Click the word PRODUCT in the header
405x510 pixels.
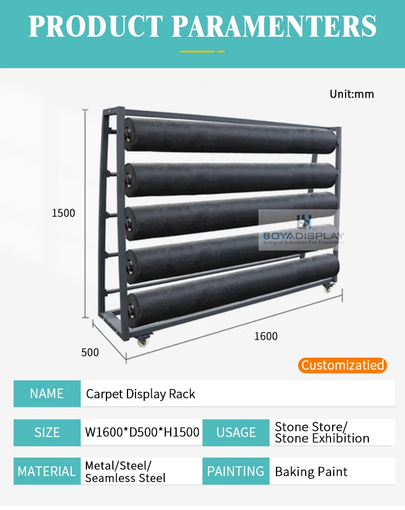(95, 25)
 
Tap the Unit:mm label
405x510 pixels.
(352, 94)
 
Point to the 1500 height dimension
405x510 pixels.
(63, 213)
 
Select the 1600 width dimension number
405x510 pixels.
(266, 336)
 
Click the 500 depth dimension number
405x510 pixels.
(90, 352)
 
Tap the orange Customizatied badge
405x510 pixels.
(342, 365)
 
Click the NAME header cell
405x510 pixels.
(46, 393)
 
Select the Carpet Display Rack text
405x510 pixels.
(140, 394)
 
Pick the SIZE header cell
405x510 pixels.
(46, 432)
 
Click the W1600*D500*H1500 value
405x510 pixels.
(142, 432)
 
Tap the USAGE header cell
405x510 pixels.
(235, 432)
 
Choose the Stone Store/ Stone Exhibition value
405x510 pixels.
(322, 432)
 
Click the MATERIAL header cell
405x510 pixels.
(46, 471)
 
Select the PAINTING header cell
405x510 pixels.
(235, 471)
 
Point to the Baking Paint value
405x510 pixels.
(311, 472)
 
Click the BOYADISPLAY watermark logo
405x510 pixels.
(303, 232)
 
